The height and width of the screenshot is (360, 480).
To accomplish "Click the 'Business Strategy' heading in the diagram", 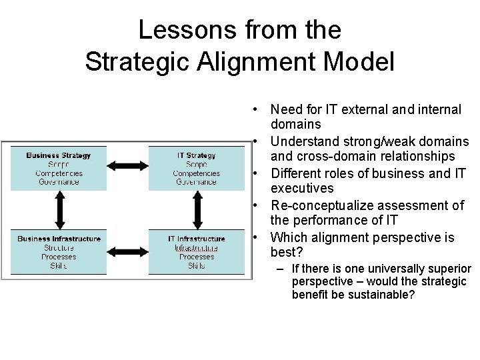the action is click(59, 155).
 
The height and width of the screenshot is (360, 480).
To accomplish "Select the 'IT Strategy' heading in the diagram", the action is click(196, 155).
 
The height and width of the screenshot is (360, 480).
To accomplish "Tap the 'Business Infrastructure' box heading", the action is click(59, 238).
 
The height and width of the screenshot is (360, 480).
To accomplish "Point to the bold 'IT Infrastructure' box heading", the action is click(196, 238).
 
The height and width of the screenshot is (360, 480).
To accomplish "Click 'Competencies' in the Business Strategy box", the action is click(59, 173).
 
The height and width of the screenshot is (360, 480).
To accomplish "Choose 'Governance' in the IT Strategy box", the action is click(196, 181).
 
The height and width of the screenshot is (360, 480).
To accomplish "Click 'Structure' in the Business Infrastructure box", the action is click(59, 247).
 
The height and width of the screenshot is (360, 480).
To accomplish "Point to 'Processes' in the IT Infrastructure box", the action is click(196, 257).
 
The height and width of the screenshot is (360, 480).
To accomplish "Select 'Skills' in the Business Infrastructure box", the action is click(59, 265).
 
